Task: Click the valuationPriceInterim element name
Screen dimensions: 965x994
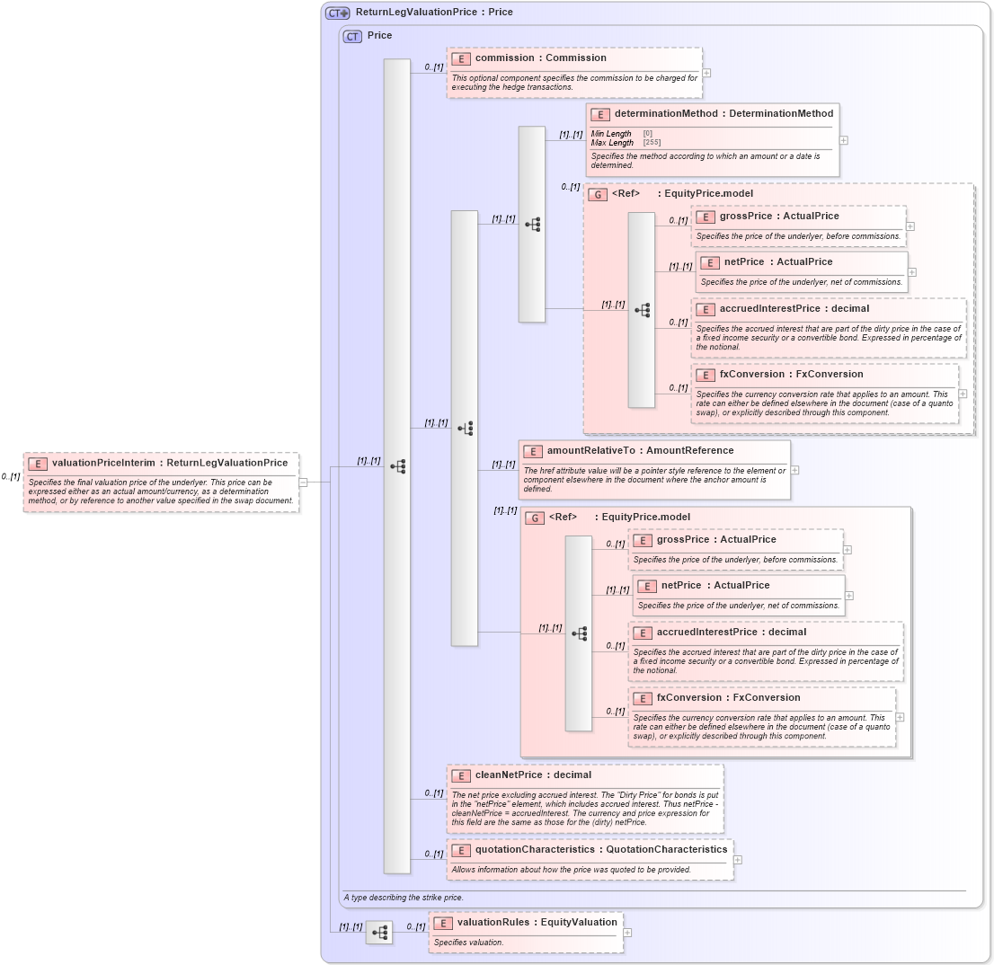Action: pos(102,463)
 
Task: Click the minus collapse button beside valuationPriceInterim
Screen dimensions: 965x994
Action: pos(303,482)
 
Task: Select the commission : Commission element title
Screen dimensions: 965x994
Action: pos(540,58)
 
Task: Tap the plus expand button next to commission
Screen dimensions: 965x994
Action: pos(706,73)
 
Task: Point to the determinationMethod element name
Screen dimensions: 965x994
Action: pos(665,113)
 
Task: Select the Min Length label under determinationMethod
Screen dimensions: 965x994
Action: pos(611,133)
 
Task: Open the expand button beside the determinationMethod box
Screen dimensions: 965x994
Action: pos(843,140)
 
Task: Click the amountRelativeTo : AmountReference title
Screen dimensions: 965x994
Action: pos(640,450)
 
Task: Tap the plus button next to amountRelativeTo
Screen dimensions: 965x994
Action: pos(794,470)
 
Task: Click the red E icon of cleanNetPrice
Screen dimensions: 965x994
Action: pos(460,775)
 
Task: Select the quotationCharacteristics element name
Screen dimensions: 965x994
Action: pos(534,849)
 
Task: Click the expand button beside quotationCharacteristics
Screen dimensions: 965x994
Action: pos(738,860)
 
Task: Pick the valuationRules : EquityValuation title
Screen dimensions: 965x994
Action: pos(537,922)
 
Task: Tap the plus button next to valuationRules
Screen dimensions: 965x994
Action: pos(627,933)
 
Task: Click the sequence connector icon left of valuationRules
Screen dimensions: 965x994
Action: pos(379,933)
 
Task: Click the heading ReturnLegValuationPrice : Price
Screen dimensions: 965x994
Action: pos(434,13)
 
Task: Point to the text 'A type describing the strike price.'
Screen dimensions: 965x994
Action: pos(404,897)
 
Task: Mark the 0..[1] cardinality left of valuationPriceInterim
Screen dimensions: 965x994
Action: pos(11,477)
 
